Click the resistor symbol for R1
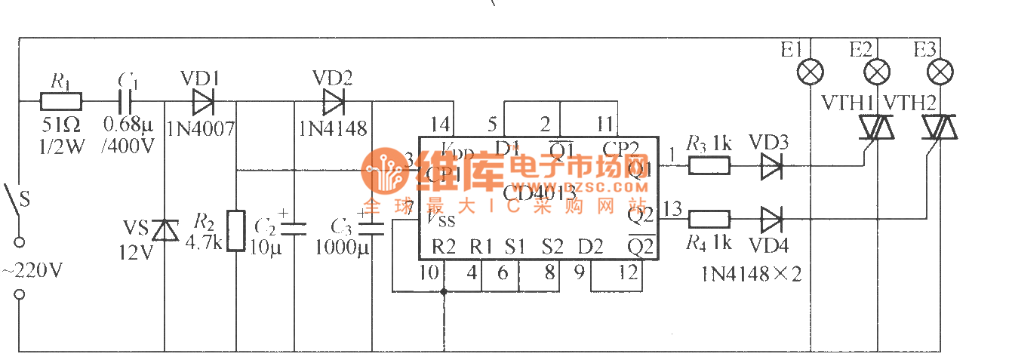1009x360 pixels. pos(61,100)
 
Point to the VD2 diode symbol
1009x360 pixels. pos(333,100)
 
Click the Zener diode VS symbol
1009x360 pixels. pos(165,229)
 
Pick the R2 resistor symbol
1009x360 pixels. pos(237,230)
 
